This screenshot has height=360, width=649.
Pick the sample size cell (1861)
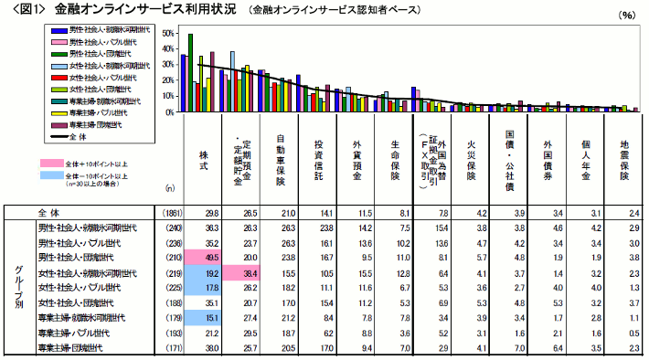pos(169,213)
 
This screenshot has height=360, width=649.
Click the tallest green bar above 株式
pos(190,73)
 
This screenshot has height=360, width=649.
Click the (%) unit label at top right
pos(626,16)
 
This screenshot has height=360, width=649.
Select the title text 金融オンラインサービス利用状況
pos(155,12)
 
